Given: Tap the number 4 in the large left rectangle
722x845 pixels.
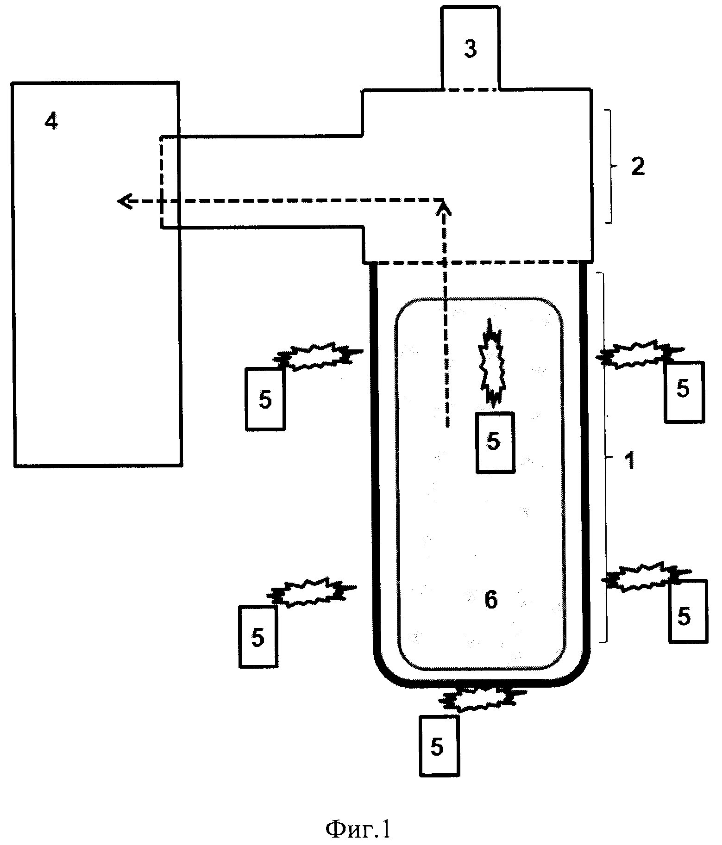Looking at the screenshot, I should click(51, 122).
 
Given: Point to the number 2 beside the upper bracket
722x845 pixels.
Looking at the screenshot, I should click(638, 167).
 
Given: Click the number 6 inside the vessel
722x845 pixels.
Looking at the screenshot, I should click(491, 600).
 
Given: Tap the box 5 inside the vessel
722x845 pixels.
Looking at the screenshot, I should click(495, 442).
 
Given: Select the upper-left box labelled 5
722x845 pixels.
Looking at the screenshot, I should click(265, 399).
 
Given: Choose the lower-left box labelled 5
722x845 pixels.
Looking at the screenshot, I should click(258, 636).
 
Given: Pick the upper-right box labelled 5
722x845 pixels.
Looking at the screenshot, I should click(684, 392).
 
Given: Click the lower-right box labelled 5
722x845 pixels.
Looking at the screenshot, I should click(688, 611).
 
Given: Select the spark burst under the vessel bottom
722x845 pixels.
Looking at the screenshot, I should click(482, 699).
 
